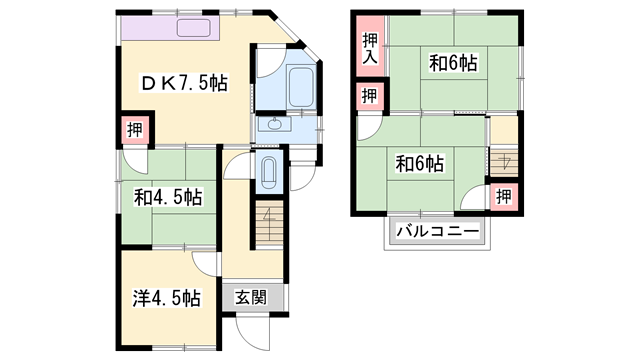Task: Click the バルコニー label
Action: click(438, 232)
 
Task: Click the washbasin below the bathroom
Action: click(272, 126)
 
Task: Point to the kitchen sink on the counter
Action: click(195, 27)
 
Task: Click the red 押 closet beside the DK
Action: click(135, 128)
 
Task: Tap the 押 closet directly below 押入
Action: click(369, 96)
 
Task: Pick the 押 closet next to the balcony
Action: click(504, 195)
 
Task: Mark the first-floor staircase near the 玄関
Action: click(267, 225)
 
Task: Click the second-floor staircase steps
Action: click(503, 159)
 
